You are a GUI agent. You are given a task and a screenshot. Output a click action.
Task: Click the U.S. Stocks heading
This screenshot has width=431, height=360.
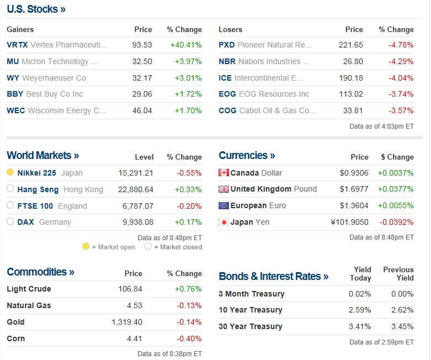click(36, 9)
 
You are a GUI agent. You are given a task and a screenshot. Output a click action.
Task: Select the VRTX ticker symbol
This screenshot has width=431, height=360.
click(17, 45)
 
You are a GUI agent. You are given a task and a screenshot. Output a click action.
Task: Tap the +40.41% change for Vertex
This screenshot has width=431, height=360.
click(186, 45)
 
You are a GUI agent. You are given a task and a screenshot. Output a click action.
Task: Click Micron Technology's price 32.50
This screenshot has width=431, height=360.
click(142, 61)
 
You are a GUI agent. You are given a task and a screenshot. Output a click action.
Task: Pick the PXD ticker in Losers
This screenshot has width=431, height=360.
click(227, 45)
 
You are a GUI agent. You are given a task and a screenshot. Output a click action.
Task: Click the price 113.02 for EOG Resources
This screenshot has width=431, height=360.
click(353, 94)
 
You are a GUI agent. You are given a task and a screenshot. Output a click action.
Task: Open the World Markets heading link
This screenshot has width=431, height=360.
click(42, 156)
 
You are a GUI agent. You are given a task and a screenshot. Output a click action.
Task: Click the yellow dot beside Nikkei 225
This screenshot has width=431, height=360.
click(10, 173)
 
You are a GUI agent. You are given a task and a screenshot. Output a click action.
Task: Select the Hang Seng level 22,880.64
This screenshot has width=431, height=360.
click(136, 189)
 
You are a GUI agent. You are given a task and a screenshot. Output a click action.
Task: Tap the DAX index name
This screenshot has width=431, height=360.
click(25, 222)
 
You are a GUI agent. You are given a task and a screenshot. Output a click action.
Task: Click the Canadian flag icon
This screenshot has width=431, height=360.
click(224, 173)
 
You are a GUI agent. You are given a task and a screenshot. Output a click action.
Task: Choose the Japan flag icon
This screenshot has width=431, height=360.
click(224, 222)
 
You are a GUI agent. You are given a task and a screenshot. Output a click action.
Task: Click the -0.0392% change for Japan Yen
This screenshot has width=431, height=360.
click(395, 222)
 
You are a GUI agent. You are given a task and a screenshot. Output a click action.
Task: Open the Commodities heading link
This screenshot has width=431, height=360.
click(40, 272)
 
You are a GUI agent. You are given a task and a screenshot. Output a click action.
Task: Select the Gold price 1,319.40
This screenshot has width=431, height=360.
click(127, 322)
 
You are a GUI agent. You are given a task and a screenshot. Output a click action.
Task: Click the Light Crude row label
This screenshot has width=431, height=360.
click(29, 289)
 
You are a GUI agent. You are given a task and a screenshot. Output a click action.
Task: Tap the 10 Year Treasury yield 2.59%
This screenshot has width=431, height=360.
click(360, 310)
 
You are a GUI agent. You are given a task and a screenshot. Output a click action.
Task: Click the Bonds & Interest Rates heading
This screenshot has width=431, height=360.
click(273, 276)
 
